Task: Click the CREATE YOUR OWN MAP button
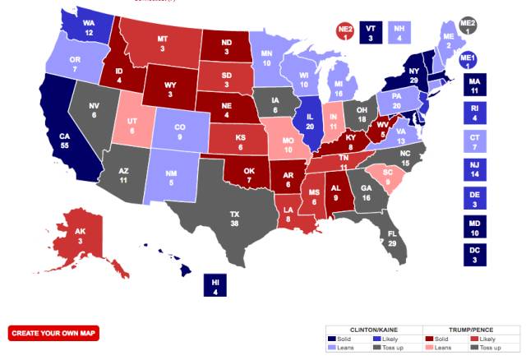tap(53, 332)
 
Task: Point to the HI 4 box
tap(215, 285)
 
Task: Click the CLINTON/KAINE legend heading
tap(372, 327)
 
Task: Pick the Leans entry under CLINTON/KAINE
tap(344, 348)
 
